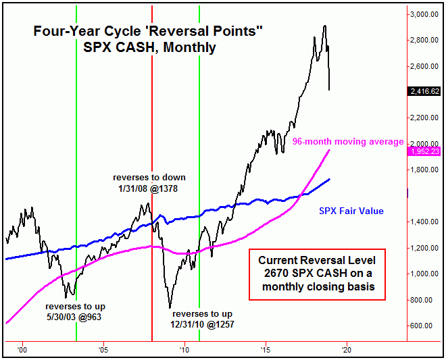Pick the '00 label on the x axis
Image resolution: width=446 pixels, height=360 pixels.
(x=22, y=350)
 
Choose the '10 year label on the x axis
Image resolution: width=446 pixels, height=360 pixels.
(x=184, y=350)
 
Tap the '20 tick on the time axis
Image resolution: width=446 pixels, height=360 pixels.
(x=346, y=350)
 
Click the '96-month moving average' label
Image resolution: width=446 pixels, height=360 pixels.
(x=348, y=142)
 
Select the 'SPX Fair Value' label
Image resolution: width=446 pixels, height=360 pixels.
(x=351, y=211)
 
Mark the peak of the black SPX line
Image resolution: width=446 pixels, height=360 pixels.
(x=325, y=26)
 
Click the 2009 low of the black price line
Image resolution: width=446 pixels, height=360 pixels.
(x=170, y=308)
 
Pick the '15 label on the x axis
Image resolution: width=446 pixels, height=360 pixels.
(x=265, y=350)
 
